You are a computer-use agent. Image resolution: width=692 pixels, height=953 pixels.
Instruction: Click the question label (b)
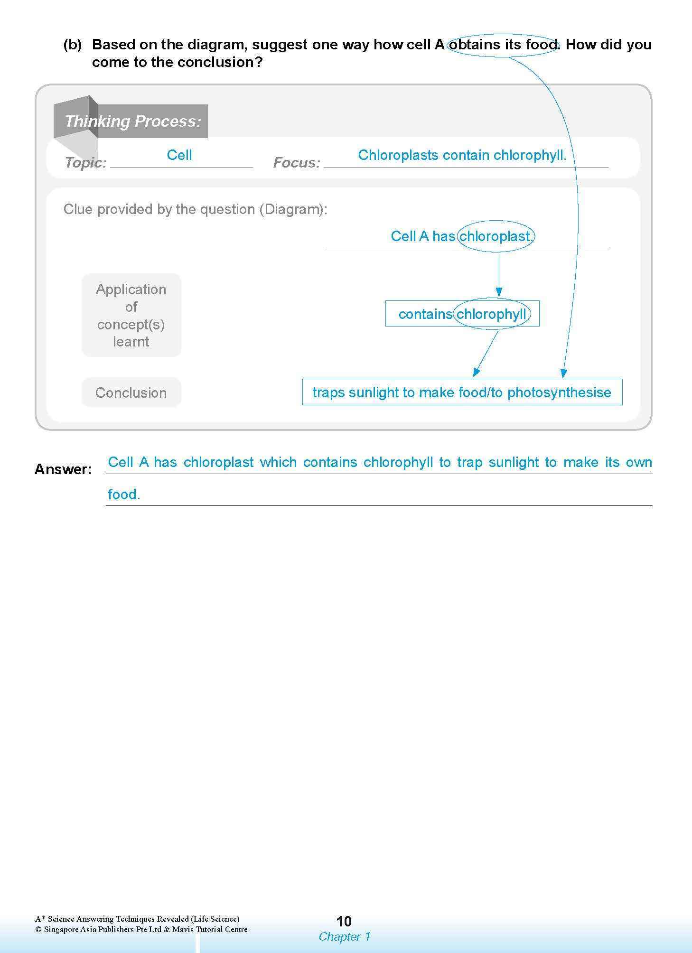73,45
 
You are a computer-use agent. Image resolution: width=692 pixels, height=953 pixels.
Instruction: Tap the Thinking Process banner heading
133,121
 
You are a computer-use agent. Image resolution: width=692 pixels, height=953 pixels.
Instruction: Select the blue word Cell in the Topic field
179,155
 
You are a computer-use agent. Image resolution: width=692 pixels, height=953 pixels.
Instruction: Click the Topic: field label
85,163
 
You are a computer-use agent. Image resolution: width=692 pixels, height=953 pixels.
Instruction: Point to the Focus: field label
297,163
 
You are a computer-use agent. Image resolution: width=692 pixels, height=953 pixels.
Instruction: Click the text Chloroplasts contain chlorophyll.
462,155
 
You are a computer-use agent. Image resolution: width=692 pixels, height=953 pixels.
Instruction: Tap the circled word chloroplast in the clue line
496,236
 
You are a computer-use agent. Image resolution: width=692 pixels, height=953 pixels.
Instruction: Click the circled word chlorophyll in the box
491,314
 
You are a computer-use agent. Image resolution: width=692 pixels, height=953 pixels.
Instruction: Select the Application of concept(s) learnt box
131,315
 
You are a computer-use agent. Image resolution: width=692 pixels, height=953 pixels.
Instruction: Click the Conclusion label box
131,392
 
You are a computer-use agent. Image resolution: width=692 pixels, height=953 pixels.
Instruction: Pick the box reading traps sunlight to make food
462,392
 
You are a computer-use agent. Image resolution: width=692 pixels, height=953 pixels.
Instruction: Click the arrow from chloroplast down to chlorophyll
499,275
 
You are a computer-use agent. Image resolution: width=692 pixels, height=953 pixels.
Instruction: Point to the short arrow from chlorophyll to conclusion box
486,354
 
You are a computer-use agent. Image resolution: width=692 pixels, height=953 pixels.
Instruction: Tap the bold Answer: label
63,469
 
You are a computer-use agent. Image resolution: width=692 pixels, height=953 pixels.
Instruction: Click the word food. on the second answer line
124,495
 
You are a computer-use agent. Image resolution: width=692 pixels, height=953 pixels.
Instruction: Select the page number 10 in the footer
344,921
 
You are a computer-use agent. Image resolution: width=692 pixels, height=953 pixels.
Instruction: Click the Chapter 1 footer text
344,936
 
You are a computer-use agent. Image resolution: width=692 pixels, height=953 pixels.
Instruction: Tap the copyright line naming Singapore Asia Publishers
141,929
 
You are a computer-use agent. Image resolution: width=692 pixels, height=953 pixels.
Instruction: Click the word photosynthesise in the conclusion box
559,392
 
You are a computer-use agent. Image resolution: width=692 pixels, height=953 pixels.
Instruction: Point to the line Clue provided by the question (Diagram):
196,209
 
